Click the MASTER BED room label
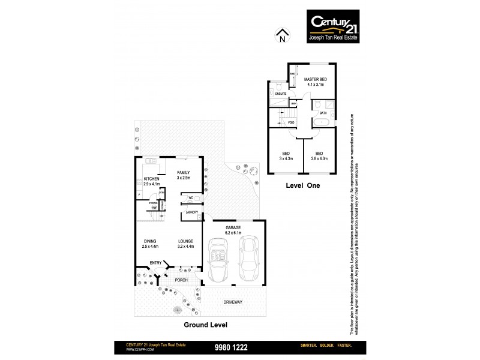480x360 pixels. (314, 79)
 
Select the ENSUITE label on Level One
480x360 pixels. (281, 94)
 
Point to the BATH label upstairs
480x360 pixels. (323, 113)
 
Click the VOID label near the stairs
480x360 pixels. (291, 122)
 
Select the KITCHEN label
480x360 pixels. (152, 179)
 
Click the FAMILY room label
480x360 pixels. (183, 172)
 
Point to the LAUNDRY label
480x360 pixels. (192, 212)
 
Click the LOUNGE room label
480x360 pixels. (185, 241)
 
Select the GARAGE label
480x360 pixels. (233, 227)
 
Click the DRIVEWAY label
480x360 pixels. (233, 302)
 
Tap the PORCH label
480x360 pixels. (182, 280)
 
